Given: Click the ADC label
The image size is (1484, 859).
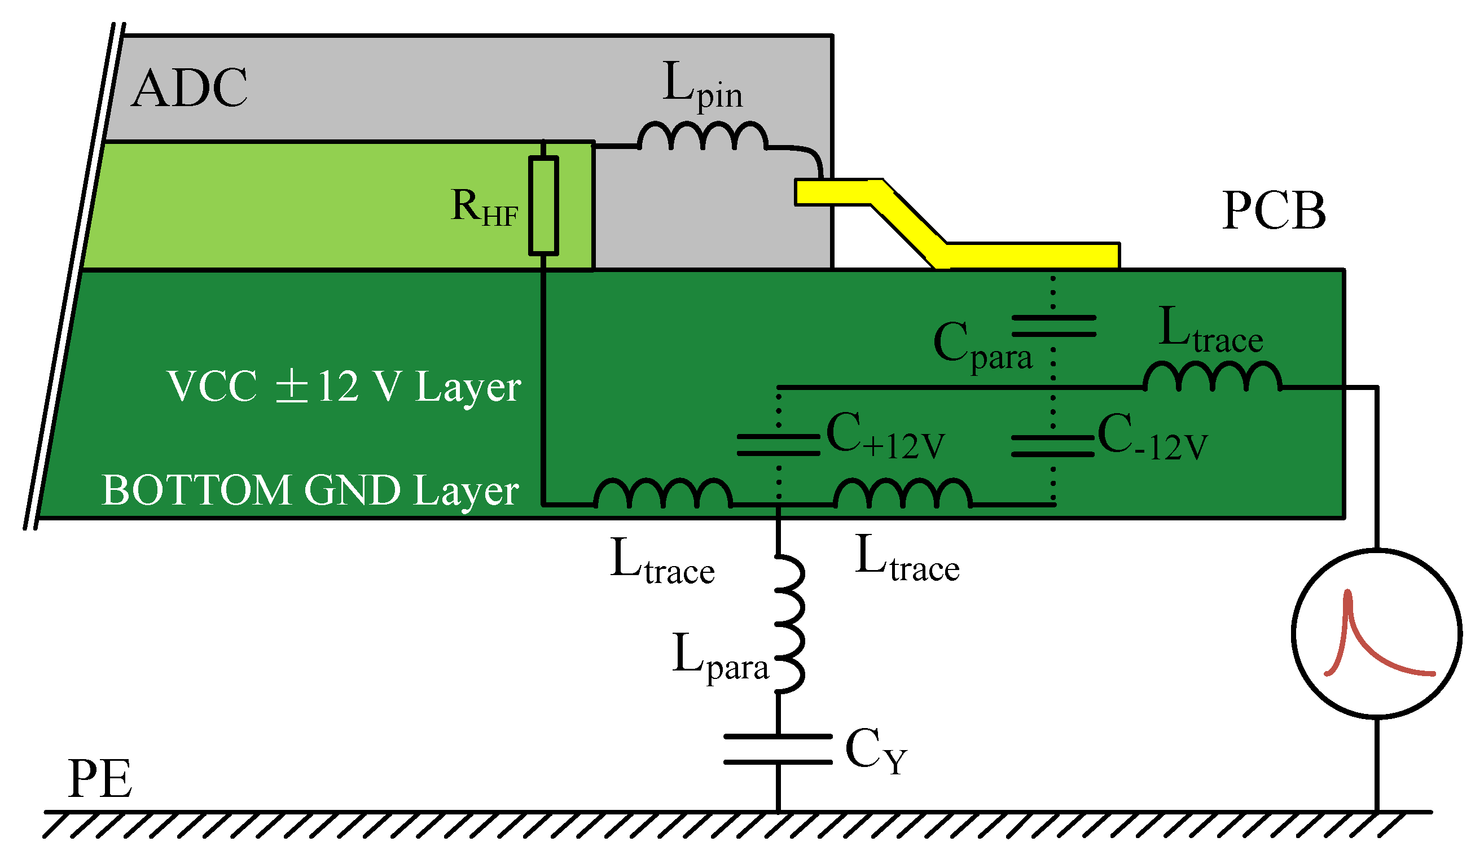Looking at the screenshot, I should click(189, 89).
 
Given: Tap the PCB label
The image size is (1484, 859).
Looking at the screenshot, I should click(1273, 211).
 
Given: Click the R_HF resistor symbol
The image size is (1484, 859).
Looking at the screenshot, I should click(543, 205).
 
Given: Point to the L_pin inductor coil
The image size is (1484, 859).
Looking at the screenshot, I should click(703, 137).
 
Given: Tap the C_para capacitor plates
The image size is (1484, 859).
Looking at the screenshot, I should click(1053, 326).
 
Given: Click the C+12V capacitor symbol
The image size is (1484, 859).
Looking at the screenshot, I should click(779, 445).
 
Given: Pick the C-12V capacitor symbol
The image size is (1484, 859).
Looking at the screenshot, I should click(1052, 445).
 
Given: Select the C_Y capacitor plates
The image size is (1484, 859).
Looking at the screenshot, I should click(778, 750).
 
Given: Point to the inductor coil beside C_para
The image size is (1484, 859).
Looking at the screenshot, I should click(1211, 377).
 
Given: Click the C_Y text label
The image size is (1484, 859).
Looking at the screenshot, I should click(876, 751).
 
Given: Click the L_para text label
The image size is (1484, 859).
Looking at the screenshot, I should click(719, 656).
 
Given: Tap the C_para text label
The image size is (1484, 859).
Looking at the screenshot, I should click(982, 347).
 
